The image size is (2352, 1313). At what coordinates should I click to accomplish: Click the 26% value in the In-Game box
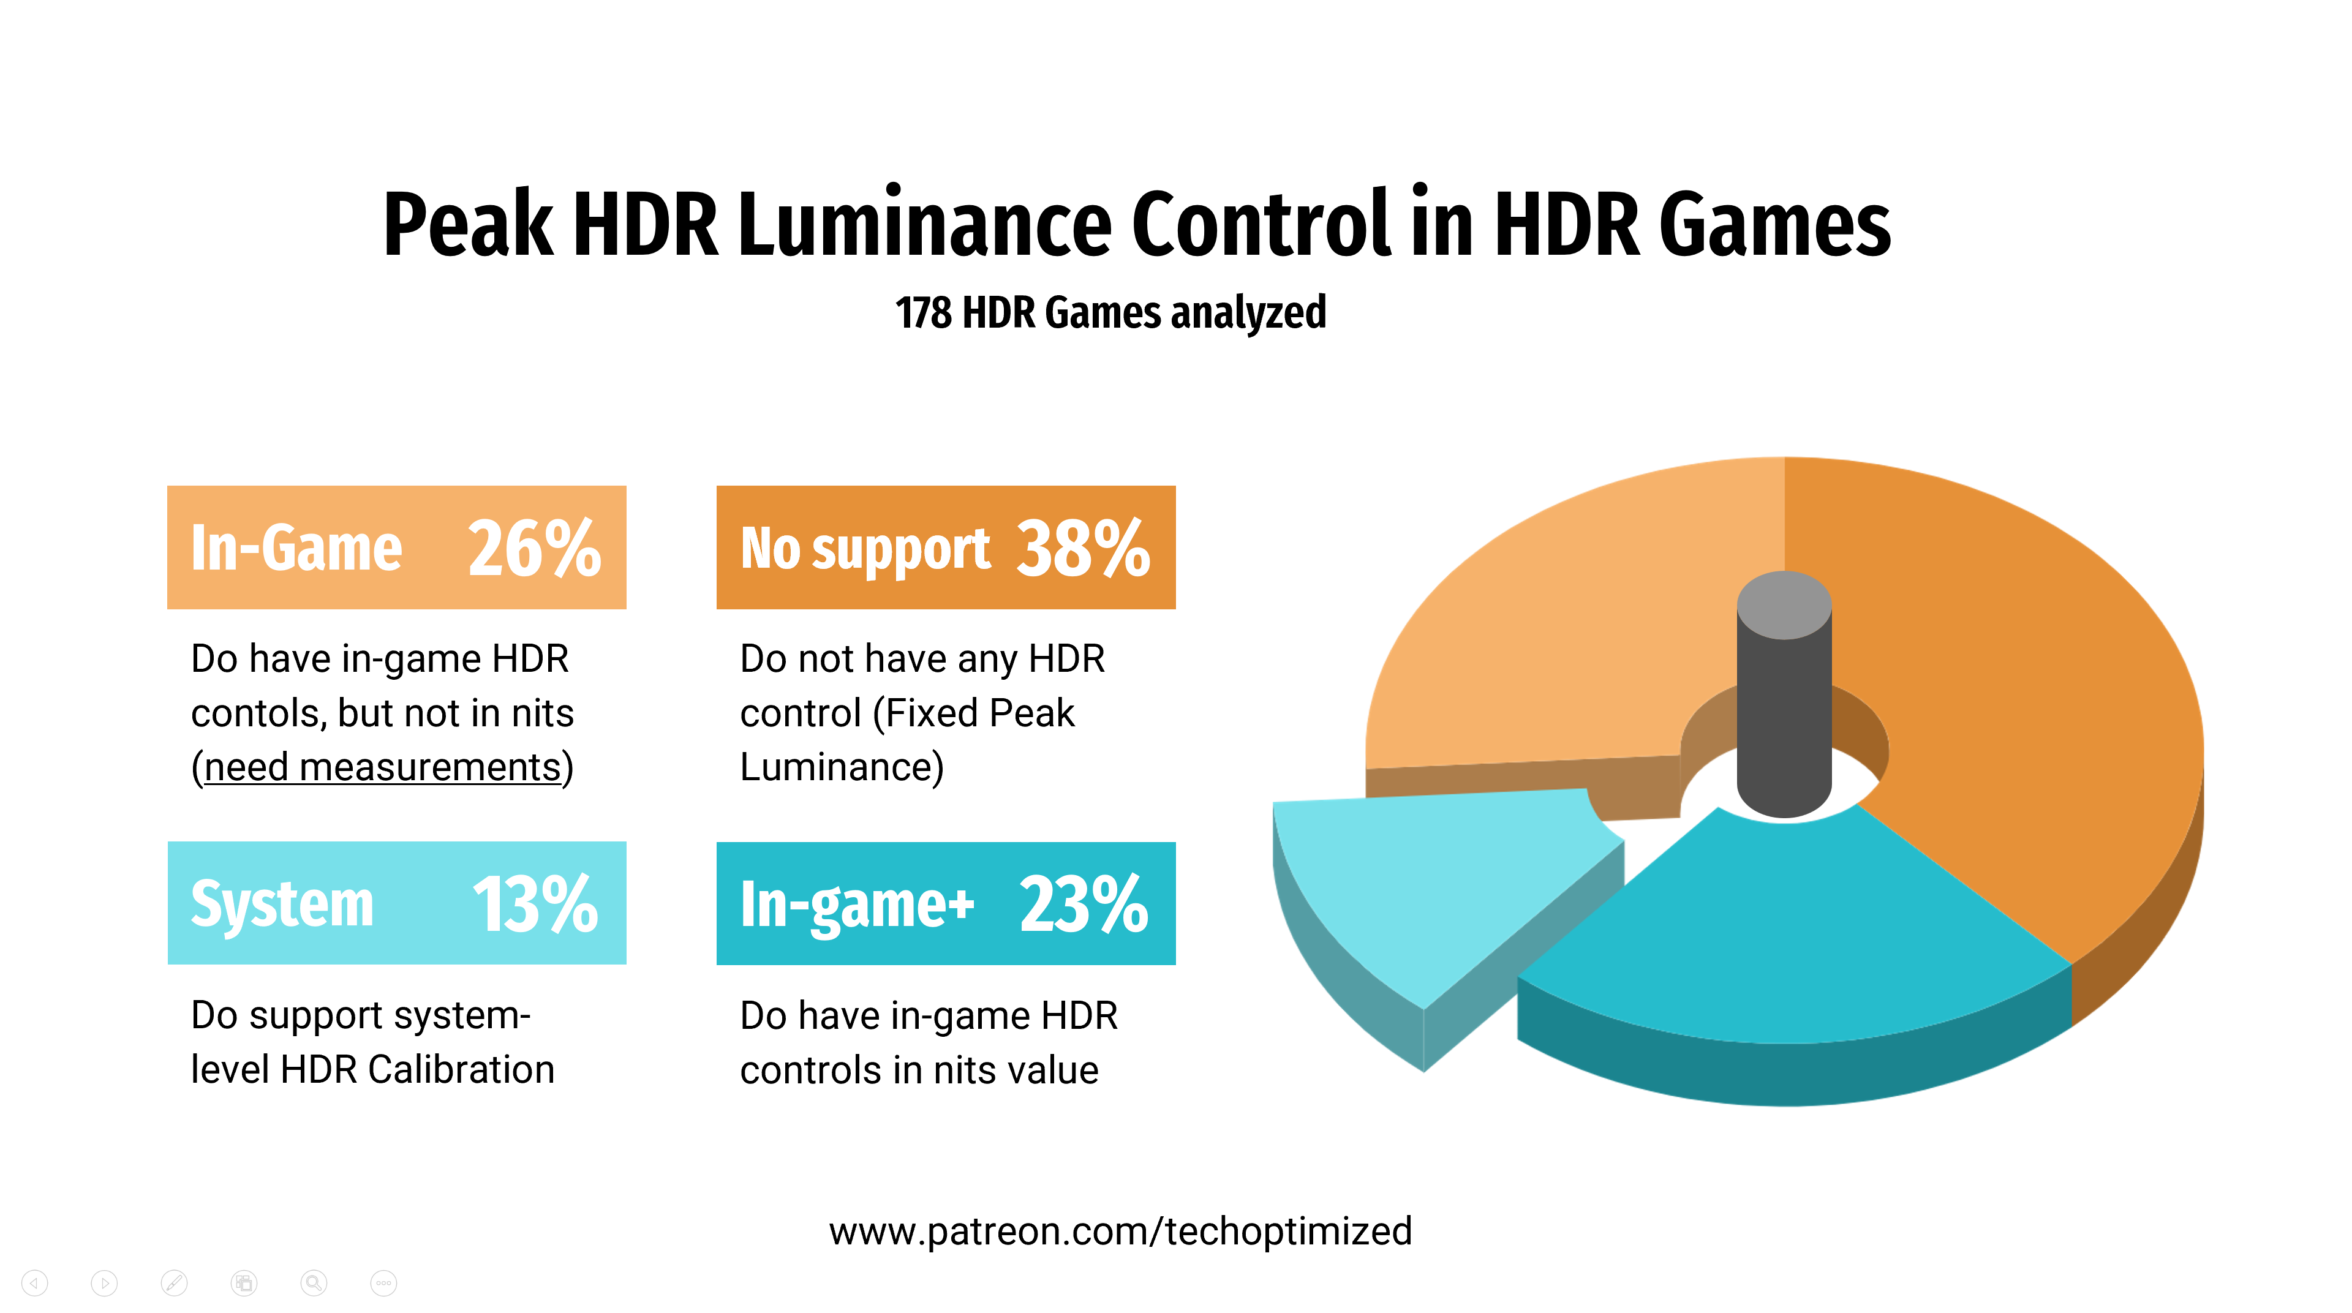pyautogui.click(x=534, y=549)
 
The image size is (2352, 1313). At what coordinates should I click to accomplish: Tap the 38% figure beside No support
pyautogui.click(x=1083, y=549)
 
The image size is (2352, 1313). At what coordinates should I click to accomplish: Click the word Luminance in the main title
pyautogui.click(x=925, y=224)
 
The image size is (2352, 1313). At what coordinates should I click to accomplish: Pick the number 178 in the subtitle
pyautogui.click(x=923, y=313)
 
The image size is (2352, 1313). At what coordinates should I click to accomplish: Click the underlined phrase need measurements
pyautogui.click(x=382, y=767)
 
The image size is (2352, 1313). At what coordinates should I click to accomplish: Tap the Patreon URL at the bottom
pyautogui.click(x=1120, y=1232)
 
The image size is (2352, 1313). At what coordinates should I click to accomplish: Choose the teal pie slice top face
pyautogui.click(x=1790, y=941)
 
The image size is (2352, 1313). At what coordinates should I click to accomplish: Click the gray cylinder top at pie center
pyautogui.click(x=1784, y=604)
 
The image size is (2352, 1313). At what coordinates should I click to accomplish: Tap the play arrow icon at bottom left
pyautogui.click(x=104, y=1283)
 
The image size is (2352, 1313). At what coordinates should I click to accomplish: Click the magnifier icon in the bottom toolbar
pyautogui.click(x=313, y=1283)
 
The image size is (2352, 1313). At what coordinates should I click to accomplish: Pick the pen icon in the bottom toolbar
pyautogui.click(x=173, y=1283)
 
